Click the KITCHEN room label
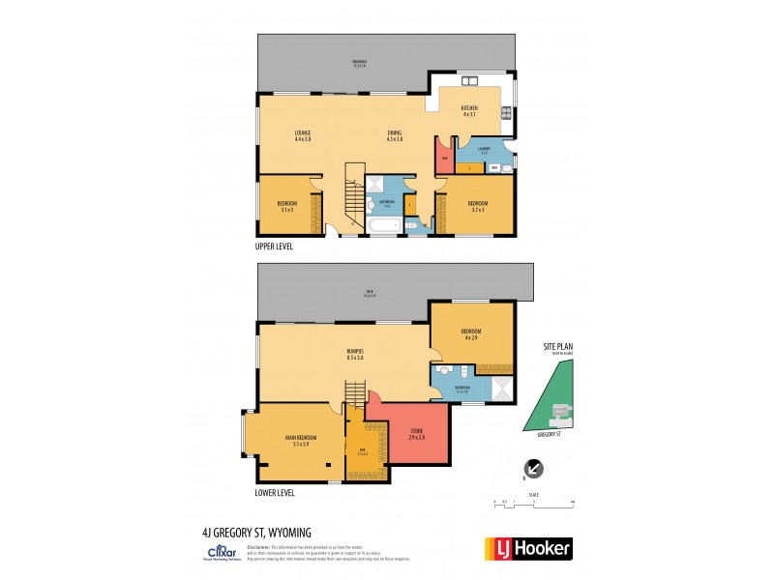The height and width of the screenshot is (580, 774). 469,110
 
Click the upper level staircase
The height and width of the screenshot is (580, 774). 353,198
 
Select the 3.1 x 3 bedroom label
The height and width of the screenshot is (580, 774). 286,206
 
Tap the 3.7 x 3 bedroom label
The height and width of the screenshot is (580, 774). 477,205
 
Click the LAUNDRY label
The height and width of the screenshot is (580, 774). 483,151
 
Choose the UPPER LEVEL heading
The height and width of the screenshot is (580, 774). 274,246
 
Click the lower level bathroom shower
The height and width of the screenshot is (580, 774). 500,390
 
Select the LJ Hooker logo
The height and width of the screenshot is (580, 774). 527,548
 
